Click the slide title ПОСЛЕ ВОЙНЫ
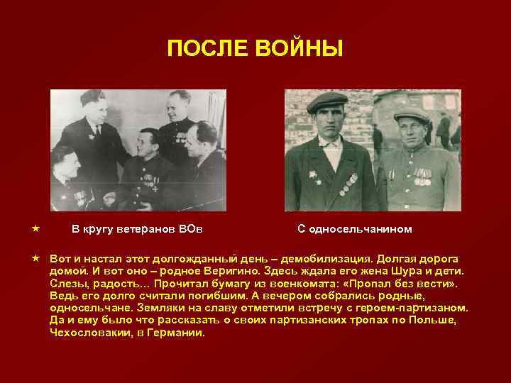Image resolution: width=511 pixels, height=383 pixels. point(255,49)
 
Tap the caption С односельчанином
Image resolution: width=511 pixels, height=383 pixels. point(354,229)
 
